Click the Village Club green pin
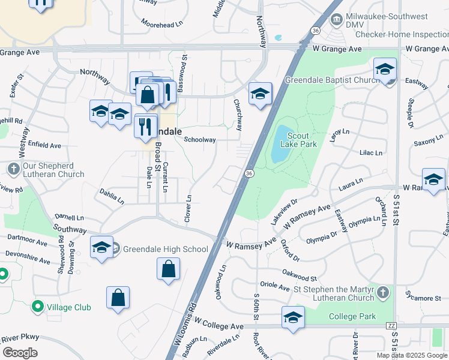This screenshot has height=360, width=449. [37, 307]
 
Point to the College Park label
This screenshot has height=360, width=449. [355, 316]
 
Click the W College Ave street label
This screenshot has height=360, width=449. [218, 326]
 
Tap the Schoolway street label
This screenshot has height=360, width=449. [199, 140]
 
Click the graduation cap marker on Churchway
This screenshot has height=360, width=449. [260, 94]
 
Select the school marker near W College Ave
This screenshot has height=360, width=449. [293, 317]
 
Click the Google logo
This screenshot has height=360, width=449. [20, 353]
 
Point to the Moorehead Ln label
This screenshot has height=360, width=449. [161, 24]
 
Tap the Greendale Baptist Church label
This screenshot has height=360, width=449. [330, 80]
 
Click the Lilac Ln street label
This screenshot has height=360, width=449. [370, 153]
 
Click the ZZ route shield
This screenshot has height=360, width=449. [391, 326]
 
